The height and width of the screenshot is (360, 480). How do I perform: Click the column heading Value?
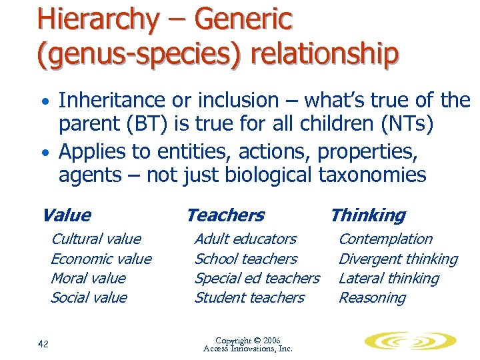[66, 215]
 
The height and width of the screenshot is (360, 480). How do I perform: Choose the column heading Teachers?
[225, 215]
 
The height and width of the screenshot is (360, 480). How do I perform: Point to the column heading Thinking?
[367, 215]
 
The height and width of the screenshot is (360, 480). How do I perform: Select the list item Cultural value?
[96, 239]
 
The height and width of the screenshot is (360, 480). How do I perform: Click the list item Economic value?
[101, 259]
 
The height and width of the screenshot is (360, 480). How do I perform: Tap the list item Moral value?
[88, 278]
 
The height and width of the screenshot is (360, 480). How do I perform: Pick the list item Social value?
[89, 297]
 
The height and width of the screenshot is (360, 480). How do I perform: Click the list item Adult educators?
[245, 239]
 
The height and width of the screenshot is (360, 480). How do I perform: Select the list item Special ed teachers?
[257, 278]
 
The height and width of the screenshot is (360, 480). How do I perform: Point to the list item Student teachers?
[249, 297]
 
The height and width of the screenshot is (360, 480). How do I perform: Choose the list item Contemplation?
[385, 239]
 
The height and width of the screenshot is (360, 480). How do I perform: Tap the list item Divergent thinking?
[398, 259]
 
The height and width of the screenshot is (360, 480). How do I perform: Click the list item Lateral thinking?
[389, 278]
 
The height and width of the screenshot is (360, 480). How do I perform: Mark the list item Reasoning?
[372, 297]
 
